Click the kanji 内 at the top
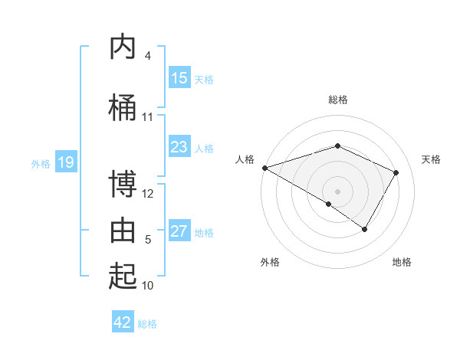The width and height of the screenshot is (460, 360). pyautogui.click(x=123, y=47)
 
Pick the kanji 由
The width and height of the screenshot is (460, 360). pyautogui.click(x=123, y=231)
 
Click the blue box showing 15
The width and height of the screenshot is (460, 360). pyautogui.click(x=179, y=78)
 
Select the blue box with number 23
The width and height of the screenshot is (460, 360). pyautogui.click(x=179, y=147)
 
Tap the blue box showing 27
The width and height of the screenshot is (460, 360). pyautogui.click(x=179, y=231)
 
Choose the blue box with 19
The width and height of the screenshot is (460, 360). pyautogui.click(x=65, y=162)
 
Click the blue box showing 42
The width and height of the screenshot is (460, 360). pyautogui.click(x=123, y=322)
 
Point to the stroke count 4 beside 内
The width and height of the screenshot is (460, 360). pyautogui.click(x=148, y=56)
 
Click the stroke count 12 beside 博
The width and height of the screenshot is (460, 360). pyautogui.click(x=148, y=193)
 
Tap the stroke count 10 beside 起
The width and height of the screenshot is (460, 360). pyautogui.click(x=148, y=285)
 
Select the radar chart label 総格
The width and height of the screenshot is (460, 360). pyautogui.click(x=337, y=100)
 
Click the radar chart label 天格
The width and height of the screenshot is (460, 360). pyautogui.click(x=431, y=159)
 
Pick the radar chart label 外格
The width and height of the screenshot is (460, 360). pyautogui.click(x=270, y=262)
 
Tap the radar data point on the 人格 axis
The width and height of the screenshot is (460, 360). pyautogui.click(x=264, y=167)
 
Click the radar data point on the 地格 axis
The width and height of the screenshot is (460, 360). pyautogui.click(x=365, y=229)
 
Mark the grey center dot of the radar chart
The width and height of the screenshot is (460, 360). pyautogui.click(x=337, y=191)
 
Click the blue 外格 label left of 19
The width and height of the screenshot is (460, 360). pyautogui.click(x=41, y=163)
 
